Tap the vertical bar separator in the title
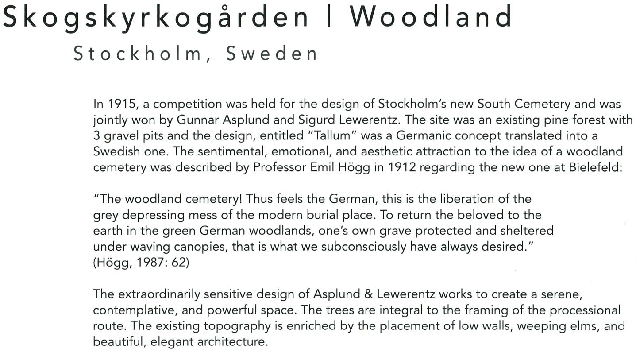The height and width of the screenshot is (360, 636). coord(329,17)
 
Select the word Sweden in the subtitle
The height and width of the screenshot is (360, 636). coord(272,54)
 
